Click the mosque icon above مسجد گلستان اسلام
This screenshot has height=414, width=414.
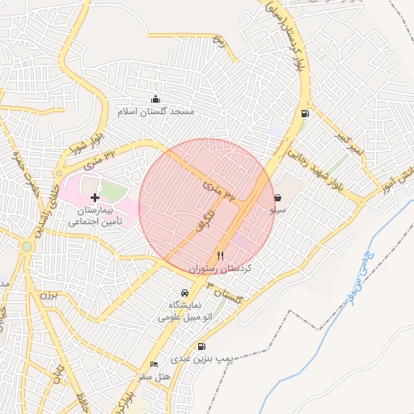pos(155,99)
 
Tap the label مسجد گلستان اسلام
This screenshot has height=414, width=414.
pos(156,112)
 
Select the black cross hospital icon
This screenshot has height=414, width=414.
pos(95,197)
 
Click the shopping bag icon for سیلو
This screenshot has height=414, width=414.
pos(277,197)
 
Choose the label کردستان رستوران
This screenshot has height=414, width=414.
pos(221,267)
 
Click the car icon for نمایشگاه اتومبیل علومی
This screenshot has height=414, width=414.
pos(185,292)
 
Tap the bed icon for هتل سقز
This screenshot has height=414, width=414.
pos(154,365)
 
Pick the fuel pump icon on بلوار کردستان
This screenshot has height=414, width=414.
pos(304,113)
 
